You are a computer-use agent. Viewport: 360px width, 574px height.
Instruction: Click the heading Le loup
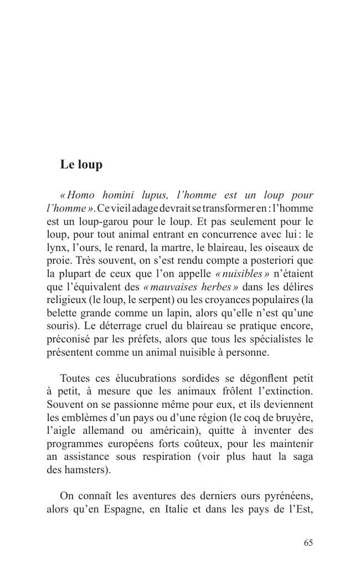81,165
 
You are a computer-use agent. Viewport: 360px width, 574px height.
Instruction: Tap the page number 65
308,543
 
